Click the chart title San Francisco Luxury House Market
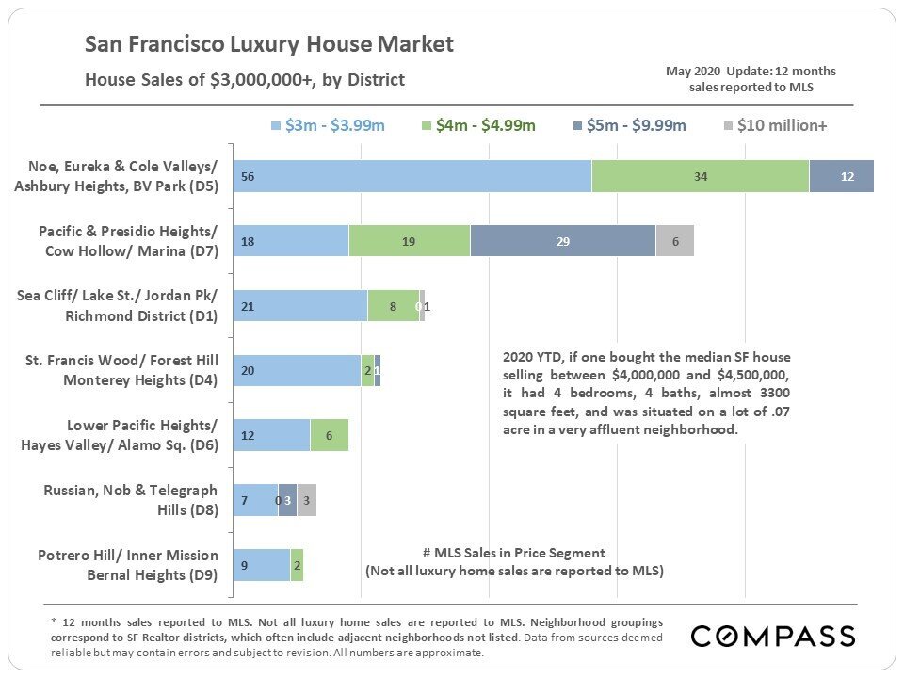[269, 44]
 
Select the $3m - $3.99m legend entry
[328, 125]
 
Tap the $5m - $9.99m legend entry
[629, 125]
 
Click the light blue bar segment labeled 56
[412, 176]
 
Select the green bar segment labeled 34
[700, 176]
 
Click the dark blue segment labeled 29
[562, 241]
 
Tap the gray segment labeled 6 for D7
[674, 241]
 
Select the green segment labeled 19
[409, 241]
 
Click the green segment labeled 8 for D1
[393, 306]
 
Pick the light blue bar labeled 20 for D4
[296, 371]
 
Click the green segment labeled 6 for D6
[329, 436]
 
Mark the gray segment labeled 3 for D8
[307, 500]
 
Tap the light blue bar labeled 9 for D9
[261, 565]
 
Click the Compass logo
[773, 637]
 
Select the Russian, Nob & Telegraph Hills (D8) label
[130, 500]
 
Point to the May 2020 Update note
[751, 79]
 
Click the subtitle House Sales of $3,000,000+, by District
[245, 79]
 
